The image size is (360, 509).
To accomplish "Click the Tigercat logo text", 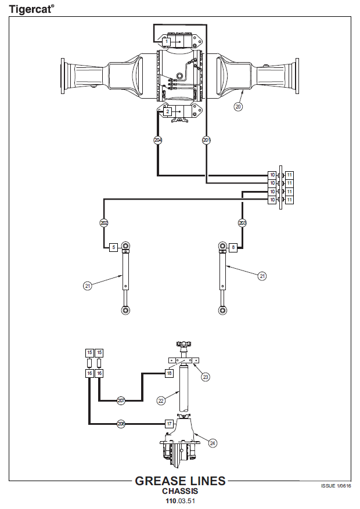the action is [31, 9].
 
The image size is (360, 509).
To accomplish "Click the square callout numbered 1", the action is [167, 42].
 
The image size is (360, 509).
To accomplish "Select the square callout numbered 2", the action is [167, 111].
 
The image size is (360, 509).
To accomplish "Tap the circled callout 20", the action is [238, 106].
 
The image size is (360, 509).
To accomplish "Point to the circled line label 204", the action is [158, 140].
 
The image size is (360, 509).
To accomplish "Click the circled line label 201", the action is [207, 140].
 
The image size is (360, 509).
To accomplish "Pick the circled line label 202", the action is [104, 223].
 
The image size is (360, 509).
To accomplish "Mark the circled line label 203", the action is [243, 223].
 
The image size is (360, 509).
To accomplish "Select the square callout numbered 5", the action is [114, 247].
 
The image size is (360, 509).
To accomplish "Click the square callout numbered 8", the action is [233, 247].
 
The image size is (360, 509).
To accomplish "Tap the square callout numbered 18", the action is [169, 373].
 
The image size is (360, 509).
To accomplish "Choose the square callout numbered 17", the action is [169, 424].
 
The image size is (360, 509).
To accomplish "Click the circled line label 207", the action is [121, 400].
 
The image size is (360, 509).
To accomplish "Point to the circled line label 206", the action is [121, 424].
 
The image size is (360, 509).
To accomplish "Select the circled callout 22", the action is [161, 400].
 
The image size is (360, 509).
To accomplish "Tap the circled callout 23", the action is [206, 377].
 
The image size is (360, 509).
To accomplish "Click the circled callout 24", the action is [213, 443].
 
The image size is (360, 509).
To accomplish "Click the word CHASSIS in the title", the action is [180, 491].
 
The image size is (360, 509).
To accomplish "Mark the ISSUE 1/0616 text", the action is [336, 486].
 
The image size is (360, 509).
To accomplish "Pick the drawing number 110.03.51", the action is [180, 500].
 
